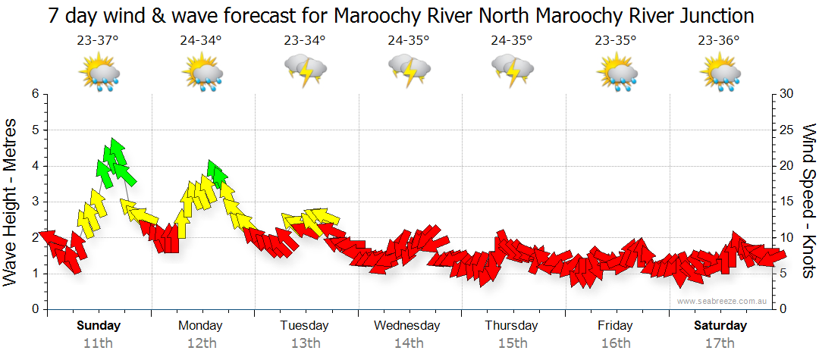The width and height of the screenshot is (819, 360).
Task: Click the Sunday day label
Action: pyautogui.click(x=99, y=326)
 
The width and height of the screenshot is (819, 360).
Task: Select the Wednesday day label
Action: pyautogui.click(x=406, y=326)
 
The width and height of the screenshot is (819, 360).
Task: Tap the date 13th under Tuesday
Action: pyautogui.click(x=304, y=343)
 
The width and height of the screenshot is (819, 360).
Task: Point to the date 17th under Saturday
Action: pyautogui.click(x=720, y=343)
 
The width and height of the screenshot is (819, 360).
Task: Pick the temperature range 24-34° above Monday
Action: pyautogui.click(x=201, y=42)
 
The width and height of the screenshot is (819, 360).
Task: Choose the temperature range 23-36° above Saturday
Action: pyautogui.click(x=719, y=42)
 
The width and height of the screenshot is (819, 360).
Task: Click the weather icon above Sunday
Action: pyautogui.click(x=99, y=74)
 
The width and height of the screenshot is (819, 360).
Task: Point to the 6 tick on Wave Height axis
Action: pyautogui.click(x=34, y=94)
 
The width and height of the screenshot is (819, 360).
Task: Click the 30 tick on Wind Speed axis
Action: pyautogui.click(x=786, y=94)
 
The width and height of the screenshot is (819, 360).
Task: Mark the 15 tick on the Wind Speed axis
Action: pyautogui.click(x=786, y=202)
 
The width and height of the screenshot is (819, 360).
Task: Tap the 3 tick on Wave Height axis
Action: pyautogui.click(x=34, y=202)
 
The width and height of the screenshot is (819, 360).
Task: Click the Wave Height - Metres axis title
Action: pyautogui.click(x=12, y=202)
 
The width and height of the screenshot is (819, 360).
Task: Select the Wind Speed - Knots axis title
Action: pyautogui.click(x=808, y=202)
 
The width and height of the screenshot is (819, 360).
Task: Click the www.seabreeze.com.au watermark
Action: pyautogui.click(x=723, y=302)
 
